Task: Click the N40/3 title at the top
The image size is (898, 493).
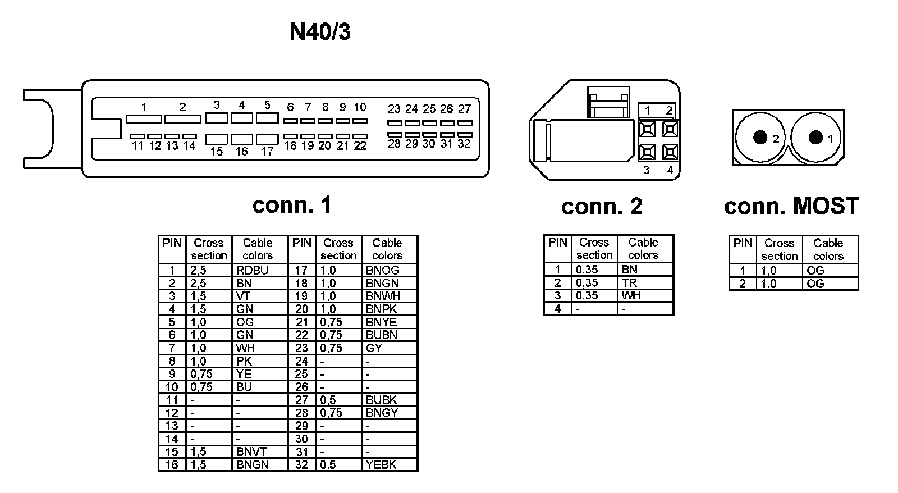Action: coord(320,32)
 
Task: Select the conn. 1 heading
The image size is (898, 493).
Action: coord(292,205)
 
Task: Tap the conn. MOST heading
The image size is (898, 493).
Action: coord(791,206)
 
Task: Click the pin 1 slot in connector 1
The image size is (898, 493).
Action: coord(144,119)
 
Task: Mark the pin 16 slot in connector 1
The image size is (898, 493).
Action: coord(242,139)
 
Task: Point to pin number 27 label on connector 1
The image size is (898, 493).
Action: coord(464,108)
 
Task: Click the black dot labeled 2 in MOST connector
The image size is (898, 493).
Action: coord(760,138)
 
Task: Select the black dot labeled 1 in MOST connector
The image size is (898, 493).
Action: coord(816,138)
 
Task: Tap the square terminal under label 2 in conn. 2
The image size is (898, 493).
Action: coord(669,130)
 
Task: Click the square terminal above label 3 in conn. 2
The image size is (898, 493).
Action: coord(647,152)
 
